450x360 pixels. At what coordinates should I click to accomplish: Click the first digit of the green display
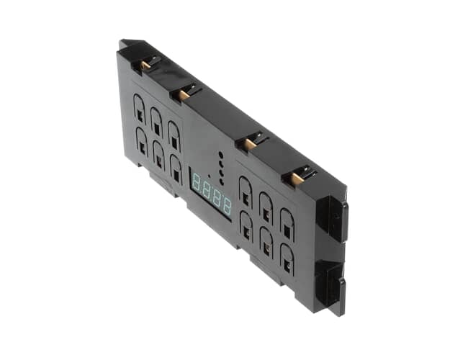196,184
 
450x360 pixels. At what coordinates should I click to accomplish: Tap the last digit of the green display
228,205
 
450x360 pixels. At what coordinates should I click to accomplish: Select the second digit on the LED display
206,190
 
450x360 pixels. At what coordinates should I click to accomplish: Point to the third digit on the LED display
217,197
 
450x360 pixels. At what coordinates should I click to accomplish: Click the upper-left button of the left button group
139,109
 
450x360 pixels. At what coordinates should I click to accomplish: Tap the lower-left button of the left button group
141,140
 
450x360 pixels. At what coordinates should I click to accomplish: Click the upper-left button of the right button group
245,190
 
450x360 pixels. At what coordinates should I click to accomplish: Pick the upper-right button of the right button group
287,222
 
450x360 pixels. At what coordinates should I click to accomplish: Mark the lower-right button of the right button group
287,258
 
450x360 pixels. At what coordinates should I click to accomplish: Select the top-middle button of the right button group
266,206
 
